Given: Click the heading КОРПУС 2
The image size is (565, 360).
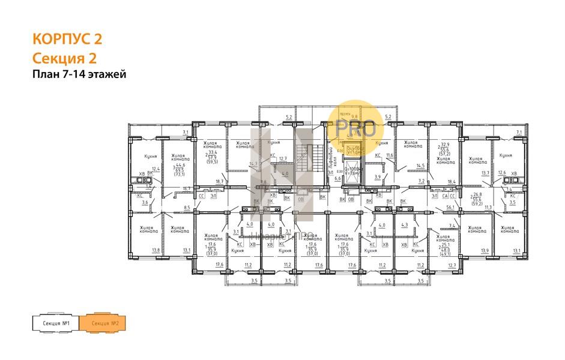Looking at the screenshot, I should [67, 40].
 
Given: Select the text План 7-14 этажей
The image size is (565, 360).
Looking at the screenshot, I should [79, 74].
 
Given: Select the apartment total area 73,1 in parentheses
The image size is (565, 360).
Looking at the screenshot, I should [180, 174].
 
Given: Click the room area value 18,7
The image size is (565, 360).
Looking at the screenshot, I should [219, 181].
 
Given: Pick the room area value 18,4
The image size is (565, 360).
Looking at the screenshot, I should [452, 181].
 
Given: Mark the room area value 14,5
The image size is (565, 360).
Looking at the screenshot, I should [420, 166].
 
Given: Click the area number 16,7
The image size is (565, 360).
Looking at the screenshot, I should [186, 188].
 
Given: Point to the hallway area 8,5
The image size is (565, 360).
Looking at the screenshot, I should [187, 208].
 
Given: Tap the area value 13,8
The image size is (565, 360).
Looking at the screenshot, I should [156, 250].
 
